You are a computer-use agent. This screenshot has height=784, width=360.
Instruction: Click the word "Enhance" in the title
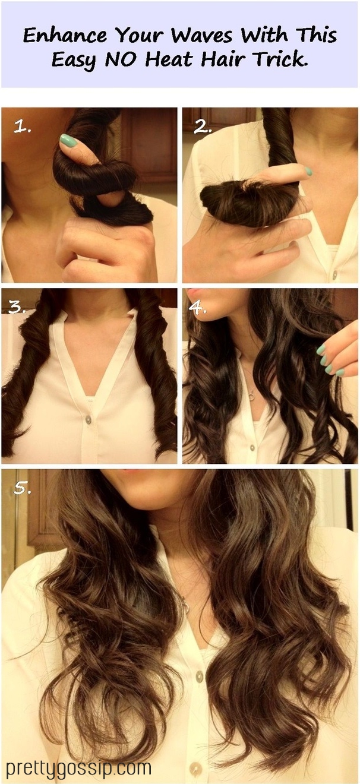pos(65,35)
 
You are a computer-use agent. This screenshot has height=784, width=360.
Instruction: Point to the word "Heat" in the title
pos(169,59)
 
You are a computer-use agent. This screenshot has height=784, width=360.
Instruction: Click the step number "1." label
pos(22,127)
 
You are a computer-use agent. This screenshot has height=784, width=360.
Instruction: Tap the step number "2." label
pos(203,127)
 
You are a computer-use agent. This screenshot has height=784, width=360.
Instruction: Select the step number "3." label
pos(17,306)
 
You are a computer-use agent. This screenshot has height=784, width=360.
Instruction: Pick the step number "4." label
pos(197,306)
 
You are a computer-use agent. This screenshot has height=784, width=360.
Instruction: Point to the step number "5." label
pos(22,488)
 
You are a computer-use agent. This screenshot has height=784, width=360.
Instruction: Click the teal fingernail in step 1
pos(68,140)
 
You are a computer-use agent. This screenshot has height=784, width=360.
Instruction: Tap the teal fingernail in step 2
pos(308,171)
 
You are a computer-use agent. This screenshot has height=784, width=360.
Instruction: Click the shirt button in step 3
pos(89,418)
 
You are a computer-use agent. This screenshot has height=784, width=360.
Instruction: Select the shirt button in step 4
pos(252,447)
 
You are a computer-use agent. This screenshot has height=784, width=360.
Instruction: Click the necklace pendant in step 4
pos(251,397)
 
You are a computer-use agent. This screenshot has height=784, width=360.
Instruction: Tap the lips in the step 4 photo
pos(193,292)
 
